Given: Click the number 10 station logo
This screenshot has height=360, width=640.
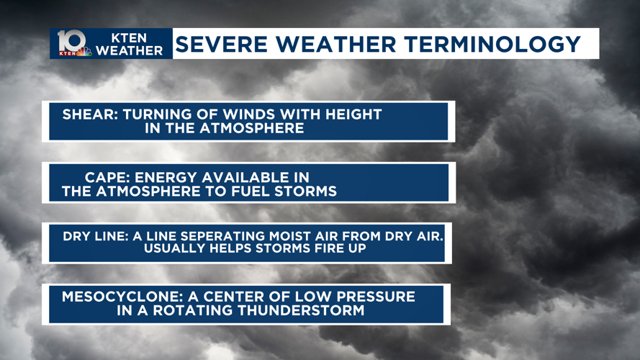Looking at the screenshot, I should click(71, 42).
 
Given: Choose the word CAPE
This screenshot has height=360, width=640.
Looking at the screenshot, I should click(106, 176).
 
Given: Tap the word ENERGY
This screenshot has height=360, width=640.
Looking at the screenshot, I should click(169, 176).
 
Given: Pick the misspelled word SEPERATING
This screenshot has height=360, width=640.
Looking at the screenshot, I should click(246, 236).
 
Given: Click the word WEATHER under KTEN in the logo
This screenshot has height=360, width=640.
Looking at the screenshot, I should click(130, 50).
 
